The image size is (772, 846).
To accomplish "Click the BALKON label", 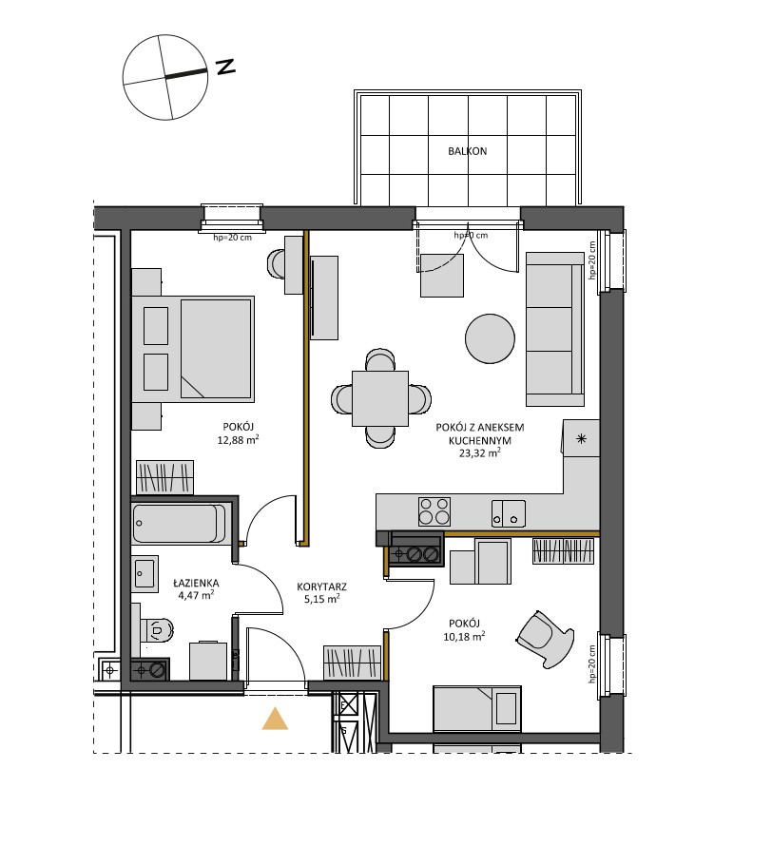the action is click(x=467, y=151).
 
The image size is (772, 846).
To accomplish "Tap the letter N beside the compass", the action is click(x=225, y=67).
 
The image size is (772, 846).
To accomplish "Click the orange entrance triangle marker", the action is click(x=275, y=719).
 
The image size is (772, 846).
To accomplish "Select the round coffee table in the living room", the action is click(x=490, y=338).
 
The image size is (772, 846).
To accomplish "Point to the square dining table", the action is click(x=380, y=398).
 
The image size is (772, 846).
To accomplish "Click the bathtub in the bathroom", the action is click(x=180, y=524).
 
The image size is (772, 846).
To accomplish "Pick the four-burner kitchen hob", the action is click(x=434, y=511).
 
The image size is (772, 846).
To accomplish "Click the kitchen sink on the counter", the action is click(x=509, y=512).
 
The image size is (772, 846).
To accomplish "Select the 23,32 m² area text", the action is click(x=479, y=452).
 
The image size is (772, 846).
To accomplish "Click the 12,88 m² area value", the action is click(x=238, y=440).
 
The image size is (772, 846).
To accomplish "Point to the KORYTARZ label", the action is click(x=321, y=586).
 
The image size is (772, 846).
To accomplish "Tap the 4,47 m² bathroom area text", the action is click(x=197, y=595).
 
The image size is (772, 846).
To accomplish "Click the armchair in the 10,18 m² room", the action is click(x=545, y=640).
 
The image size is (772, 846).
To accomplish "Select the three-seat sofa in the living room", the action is click(x=555, y=329).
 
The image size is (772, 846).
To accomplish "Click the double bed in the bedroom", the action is click(x=193, y=349).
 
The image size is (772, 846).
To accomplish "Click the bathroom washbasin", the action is click(x=145, y=573).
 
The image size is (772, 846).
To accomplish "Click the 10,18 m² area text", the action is click(x=464, y=636).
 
